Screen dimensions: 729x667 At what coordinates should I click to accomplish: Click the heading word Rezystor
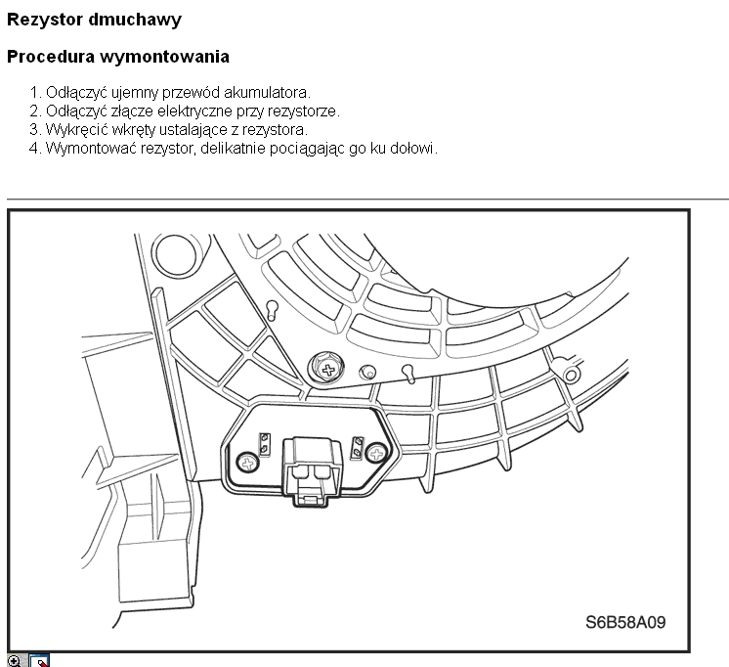44,20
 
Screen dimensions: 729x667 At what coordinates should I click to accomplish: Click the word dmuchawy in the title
134,20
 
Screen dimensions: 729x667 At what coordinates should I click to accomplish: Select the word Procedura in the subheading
51,57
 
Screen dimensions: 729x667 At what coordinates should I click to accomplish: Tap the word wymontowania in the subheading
164,57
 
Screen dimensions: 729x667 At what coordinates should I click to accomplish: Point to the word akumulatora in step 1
267,93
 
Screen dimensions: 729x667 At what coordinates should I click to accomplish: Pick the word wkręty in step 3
134,129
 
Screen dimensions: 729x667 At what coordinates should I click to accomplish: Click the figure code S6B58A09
625,622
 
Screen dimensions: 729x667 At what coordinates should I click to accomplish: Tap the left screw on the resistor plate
248,464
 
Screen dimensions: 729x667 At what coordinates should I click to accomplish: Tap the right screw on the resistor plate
376,453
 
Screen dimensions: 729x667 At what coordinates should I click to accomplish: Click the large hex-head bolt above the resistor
327,368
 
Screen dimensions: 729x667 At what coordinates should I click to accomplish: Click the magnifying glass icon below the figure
15,661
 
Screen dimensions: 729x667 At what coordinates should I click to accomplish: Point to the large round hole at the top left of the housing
176,255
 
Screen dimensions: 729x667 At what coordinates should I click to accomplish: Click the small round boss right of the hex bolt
367,372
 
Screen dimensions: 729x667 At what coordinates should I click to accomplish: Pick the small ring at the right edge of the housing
572,375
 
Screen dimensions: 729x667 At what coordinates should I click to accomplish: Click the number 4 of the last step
34,149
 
